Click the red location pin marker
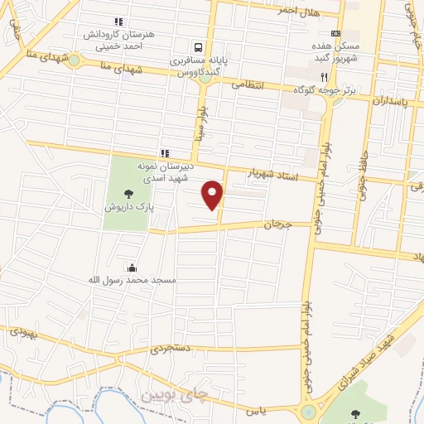tap(214, 194)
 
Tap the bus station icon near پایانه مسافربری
tap(200, 47)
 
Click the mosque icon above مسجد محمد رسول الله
tap(132, 267)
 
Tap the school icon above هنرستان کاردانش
tap(118, 22)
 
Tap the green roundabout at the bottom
tap(307, 412)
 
